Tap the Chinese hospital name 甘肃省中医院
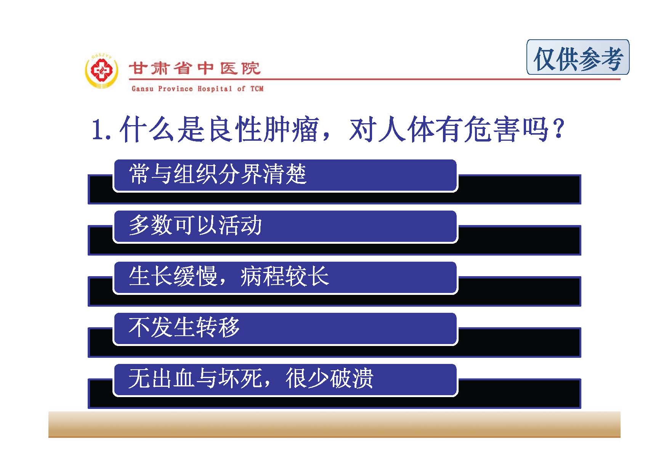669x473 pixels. [x=195, y=69]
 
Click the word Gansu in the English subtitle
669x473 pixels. [x=143, y=89]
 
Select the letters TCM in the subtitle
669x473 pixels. [x=257, y=89]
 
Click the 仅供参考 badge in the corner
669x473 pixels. [x=578, y=57]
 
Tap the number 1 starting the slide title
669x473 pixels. [x=98, y=130]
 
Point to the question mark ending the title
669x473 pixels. [x=559, y=129]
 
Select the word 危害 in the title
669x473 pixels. [x=491, y=130]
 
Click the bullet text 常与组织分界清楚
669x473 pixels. [x=218, y=174]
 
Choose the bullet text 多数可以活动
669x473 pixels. [x=195, y=225]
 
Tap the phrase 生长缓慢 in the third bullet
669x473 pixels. [x=173, y=276]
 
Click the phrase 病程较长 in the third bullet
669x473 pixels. [x=284, y=276]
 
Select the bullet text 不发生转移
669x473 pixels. [x=184, y=327]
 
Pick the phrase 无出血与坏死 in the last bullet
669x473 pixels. [x=195, y=378]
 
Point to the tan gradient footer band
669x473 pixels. [x=334, y=424]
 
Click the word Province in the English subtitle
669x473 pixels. [x=175, y=89]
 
